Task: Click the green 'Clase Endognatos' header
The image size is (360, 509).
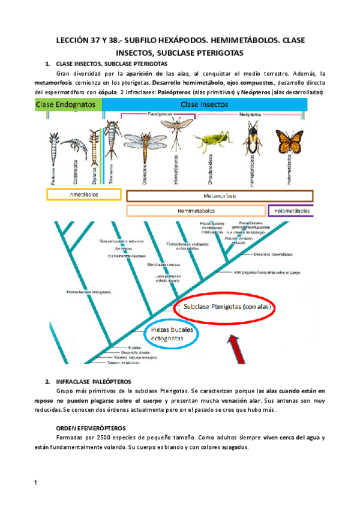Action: pyautogui.click(x=68, y=104)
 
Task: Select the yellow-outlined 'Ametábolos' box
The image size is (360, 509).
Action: pyautogui.click(x=84, y=195)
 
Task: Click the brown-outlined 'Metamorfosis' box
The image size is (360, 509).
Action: pyautogui.click(x=220, y=196)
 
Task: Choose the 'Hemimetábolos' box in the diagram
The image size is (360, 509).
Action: pyautogui.click(x=196, y=211)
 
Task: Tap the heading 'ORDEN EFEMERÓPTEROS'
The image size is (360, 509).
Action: pyautogui.click(x=91, y=427)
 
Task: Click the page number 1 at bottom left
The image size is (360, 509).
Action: pyautogui.click(x=37, y=483)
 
